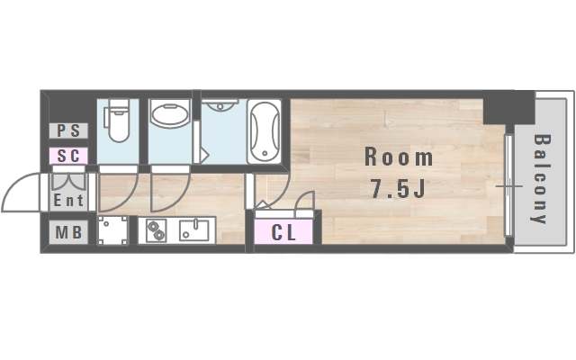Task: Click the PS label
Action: pos(68,130)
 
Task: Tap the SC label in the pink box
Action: pos(68,156)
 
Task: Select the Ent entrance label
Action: pos(68,201)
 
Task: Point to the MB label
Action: pos(68,232)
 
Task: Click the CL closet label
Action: pos(283,232)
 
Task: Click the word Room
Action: pos(399,157)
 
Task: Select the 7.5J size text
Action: pos(399,189)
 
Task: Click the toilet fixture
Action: pos(117,120)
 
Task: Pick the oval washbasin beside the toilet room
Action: pos(170,114)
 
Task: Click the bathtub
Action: pos(264,131)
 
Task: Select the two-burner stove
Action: pos(157,230)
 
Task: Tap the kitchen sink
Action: pos(194,230)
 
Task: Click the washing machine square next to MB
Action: pos(112,230)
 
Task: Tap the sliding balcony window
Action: pos(508,185)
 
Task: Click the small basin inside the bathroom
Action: pos(220,105)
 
